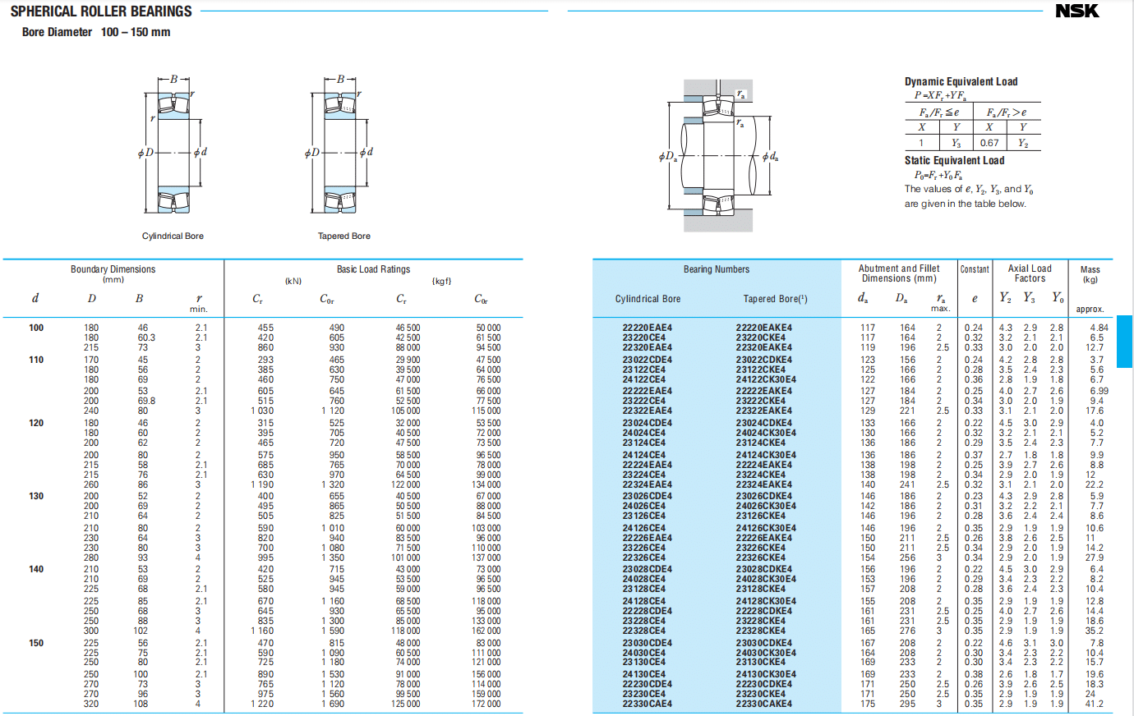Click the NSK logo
coord(1076,11)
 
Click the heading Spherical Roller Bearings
coord(101,11)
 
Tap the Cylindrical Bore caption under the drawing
coord(173,236)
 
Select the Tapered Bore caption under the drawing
coord(343,236)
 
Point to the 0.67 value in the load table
coord(989,143)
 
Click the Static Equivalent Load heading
coord(954,160)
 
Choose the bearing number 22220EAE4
coord(647,328)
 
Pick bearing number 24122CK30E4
coord(766,379)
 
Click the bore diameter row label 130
coord(36,496)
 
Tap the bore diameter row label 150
coord(36,643)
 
